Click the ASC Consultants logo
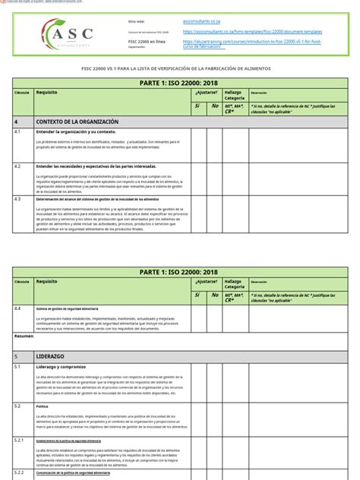68,33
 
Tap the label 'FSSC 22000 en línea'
146,43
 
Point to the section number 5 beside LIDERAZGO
16,355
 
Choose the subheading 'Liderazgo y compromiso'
65,366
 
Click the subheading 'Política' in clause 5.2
43,406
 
